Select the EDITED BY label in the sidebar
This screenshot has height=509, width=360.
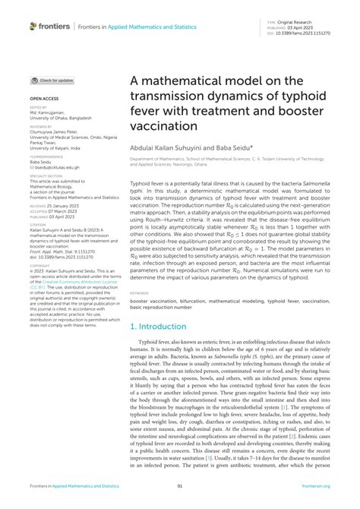[x=39, y=108]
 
